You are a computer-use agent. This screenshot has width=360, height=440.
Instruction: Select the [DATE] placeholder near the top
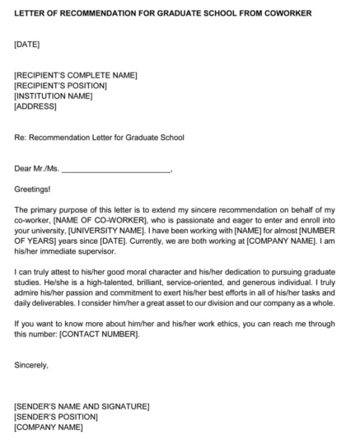tap(27, 44)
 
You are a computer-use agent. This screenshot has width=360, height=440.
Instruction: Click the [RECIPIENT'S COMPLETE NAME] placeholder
tap(76, 76)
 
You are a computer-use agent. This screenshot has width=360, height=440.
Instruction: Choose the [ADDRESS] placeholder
tap(35, 105)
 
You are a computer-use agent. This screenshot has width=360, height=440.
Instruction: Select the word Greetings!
tap(32, 189)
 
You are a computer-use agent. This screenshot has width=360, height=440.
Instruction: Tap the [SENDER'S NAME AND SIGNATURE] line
tap(82, 406)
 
